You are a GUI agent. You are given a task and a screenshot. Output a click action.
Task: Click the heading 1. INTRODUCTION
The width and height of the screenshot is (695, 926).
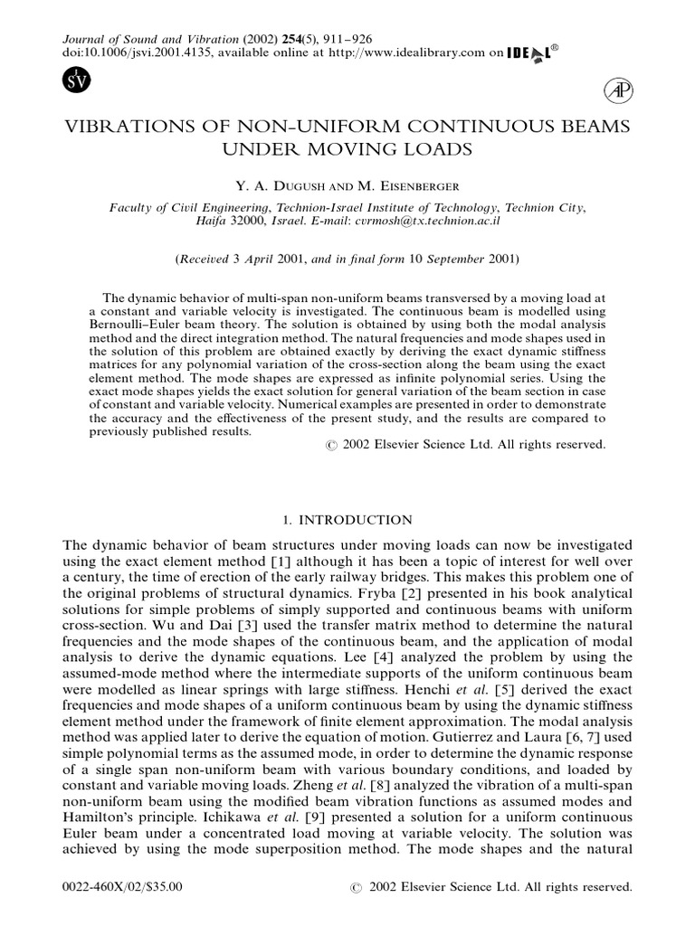pos(347,520)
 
